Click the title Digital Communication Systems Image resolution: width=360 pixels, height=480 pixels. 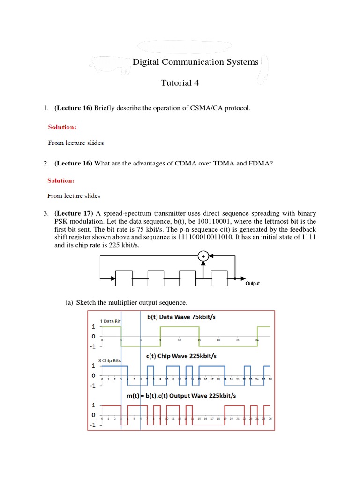pyautogui.click(x=195, y=62)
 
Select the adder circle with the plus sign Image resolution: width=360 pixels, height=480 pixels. pyautogui.click(x=203, y=255)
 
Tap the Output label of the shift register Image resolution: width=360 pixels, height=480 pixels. pyautogui.click(x=252, y=284)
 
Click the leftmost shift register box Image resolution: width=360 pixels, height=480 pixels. pyautogui.click(x=124, y=278)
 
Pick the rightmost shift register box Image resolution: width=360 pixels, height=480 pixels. pyautogui.click(x=219, y=278)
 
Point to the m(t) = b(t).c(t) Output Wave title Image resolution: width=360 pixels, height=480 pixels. pyautogui.click(x=181, y=396)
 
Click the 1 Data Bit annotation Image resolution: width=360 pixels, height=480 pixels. pyautogui.click(x=111, y=321)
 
